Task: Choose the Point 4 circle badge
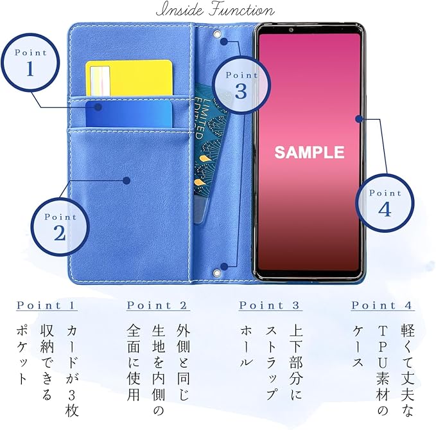pyautogui.click(x=385, y=202)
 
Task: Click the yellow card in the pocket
pyautogui.click(x=129, y=78)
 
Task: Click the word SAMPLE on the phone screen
pyautogui.click(x=309, y=152)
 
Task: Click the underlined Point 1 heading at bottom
pyautogui.click(x=47, y=306)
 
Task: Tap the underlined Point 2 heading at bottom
pyautogui.click(x=157, y=306)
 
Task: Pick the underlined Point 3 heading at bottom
pyautogui.click(x=270, y=306)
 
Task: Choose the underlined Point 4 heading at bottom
pyautogui.click(x=382, y=306)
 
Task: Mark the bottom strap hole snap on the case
pyautogui.click(x=224, y=265)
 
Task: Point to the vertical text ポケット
pyautogui.click(x=22, y=356)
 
